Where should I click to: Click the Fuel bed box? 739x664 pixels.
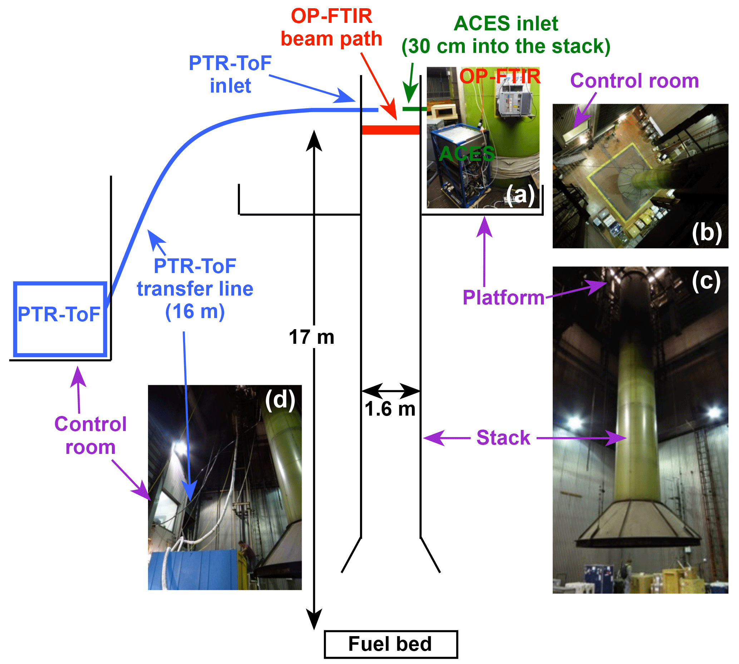point(390,644)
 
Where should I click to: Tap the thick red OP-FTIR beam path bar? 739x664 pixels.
point(390,130)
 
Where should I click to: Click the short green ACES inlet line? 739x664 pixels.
point(414,109)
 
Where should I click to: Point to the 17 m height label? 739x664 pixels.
point(311,337)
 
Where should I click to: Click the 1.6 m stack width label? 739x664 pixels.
point(390,409)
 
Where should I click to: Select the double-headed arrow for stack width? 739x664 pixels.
point(390,391)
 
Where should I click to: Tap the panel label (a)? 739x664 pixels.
point(520,194)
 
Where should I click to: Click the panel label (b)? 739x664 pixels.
point(706,232)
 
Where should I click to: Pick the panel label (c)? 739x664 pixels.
point(706,281)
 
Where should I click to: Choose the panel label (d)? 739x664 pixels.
point(280,400)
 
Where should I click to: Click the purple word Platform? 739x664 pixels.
point(503,298)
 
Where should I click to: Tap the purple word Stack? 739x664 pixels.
point(503,438)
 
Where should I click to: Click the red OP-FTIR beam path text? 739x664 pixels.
point(331,28)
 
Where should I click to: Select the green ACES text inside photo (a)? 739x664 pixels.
point(467,154)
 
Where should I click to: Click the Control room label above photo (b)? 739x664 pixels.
point(634,81)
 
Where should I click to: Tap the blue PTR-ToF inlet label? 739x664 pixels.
point(230,74)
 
